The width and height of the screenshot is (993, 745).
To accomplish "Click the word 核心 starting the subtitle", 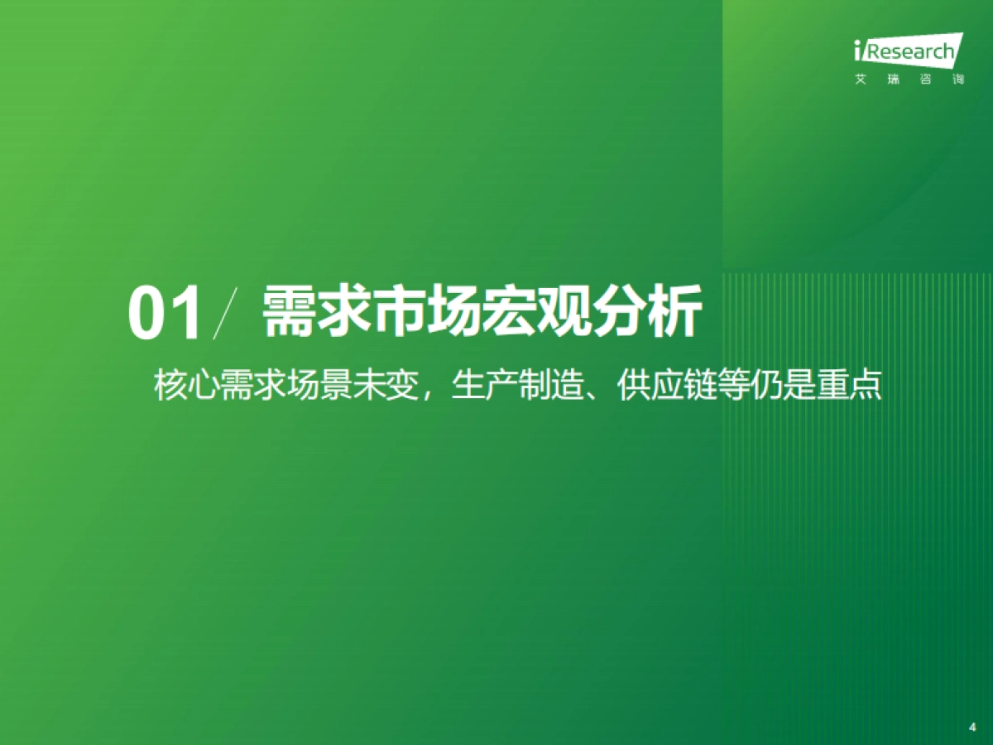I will tap(186, 387).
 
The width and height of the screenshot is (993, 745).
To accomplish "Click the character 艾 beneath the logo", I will tap(861, 80).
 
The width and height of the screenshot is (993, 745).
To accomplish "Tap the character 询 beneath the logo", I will tap(958, 80).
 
